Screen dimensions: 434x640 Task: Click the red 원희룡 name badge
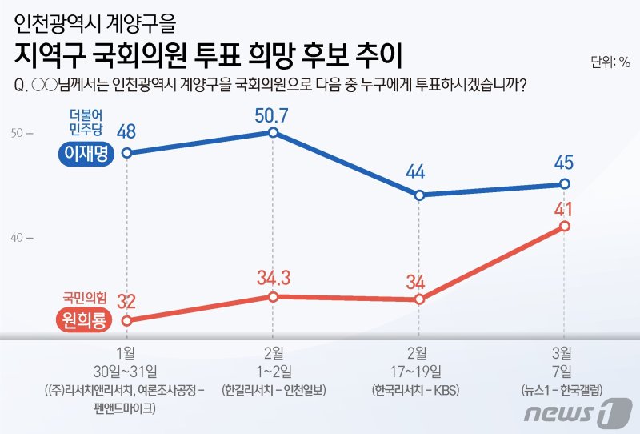(86, 320)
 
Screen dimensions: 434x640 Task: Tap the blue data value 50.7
(272, 115)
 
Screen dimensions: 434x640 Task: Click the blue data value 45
(565, 163)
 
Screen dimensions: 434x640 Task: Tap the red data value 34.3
(272, 279)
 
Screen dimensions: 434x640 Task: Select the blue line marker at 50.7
(273, 132)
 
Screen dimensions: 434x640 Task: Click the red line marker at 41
(565, 226)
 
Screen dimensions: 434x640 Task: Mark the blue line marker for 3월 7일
(565, 184)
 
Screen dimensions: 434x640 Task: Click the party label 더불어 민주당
(86, 122)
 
